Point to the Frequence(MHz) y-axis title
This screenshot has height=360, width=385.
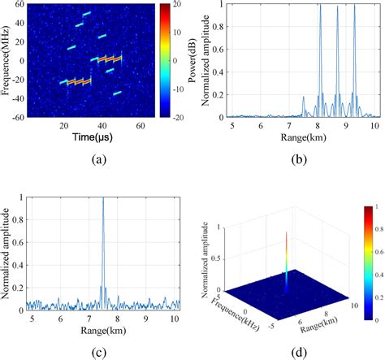tap(7, 61)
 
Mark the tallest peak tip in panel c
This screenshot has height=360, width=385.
tap(102, 198)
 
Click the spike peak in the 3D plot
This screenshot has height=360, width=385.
tap(286, 233)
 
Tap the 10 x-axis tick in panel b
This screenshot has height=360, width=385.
tap(374, 127)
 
